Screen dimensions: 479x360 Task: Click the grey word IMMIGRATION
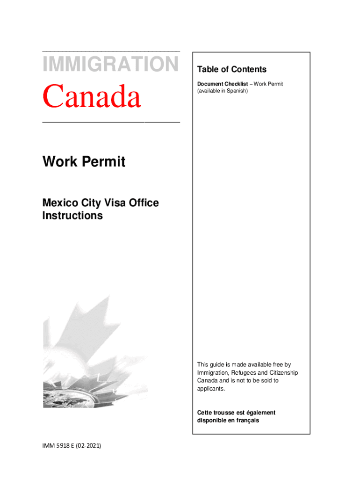[110, 64]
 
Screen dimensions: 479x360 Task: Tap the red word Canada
[92, 96]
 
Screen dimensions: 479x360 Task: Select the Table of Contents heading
[231, 70]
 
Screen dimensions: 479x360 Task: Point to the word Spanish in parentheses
[237, 91]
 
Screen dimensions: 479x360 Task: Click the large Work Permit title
[84, 162]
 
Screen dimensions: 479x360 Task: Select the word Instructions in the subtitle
[72, 216]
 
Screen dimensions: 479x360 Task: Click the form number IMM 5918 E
[60, 446]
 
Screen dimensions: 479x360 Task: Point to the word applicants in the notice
[211, 388]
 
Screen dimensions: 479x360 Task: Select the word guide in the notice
[217, 364]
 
